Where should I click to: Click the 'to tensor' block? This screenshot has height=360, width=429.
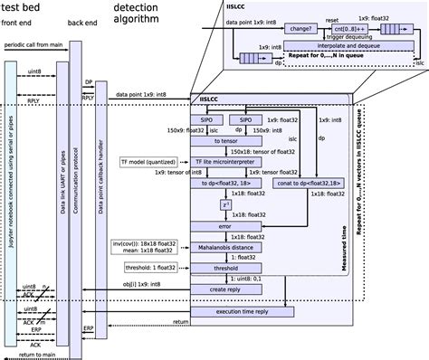point(225,141)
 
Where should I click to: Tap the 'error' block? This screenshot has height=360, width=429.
point(225,226)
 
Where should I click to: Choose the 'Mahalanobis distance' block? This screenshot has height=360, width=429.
point(225,246)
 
